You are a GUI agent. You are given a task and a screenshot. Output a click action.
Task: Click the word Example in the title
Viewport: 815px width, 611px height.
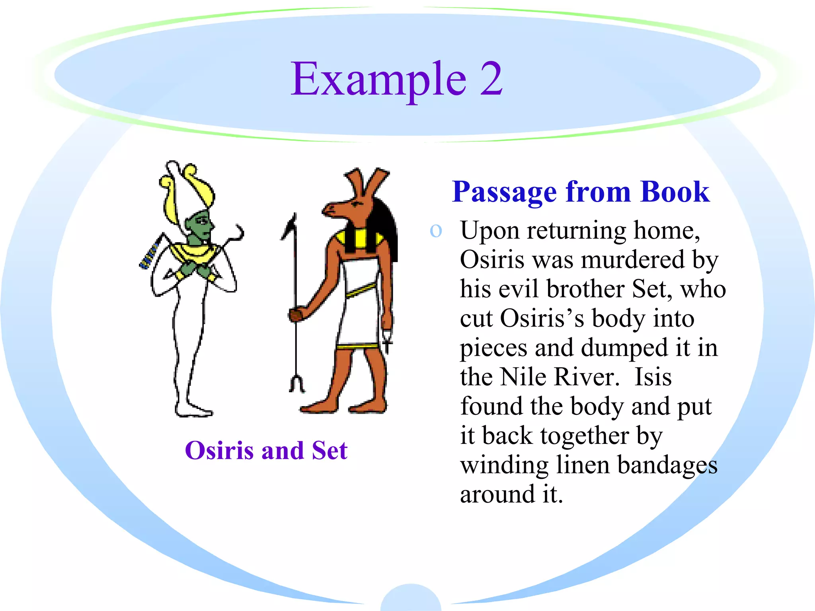tap(378, 80)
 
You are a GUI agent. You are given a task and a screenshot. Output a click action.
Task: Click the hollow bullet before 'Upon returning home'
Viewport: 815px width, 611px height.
tap(436, 231)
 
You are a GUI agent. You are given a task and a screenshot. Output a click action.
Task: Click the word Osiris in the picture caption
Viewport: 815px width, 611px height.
tap(219, 450)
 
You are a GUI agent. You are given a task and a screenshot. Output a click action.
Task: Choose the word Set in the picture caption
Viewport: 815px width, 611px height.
tap(330, 450)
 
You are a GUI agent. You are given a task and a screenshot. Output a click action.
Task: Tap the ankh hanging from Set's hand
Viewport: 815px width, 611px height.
tap(387, 340)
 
